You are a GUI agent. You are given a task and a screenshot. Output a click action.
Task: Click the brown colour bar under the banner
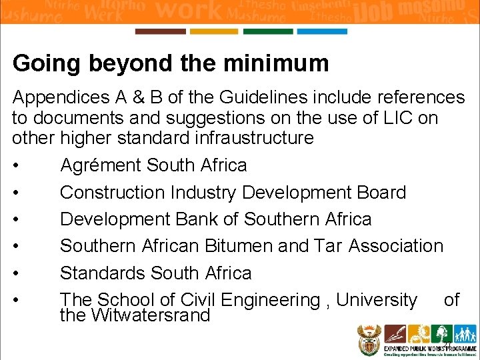pos(160,31)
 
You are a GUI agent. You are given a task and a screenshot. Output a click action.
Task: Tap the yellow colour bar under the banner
pos(214,31)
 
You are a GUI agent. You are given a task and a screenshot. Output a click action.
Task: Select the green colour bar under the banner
pos(268,31)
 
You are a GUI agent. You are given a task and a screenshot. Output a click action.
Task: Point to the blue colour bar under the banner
pos(322,31)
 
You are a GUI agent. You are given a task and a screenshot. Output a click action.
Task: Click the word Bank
pos(215,219)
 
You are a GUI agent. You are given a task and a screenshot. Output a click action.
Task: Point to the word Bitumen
pos(238,246)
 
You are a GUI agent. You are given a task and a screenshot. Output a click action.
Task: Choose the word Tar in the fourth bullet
pos(328,246)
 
